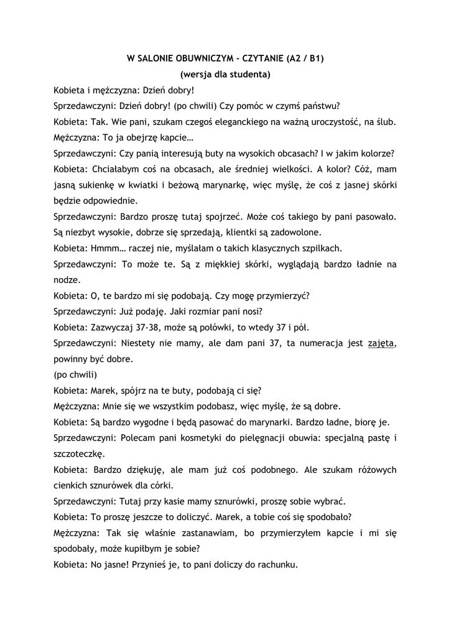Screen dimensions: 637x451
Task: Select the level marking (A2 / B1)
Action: (305, 60)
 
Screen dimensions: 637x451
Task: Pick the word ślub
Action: (384, 121)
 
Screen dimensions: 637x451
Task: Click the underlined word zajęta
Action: (381, 343)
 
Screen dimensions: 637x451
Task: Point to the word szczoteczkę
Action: (80, 454)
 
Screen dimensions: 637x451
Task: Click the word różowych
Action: (373, 470)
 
